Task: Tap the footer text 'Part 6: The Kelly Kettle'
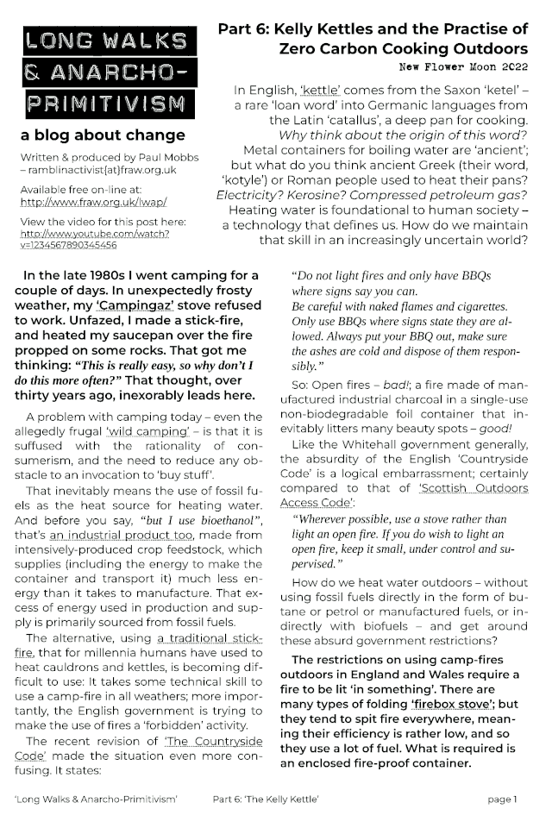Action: (279, 800)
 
